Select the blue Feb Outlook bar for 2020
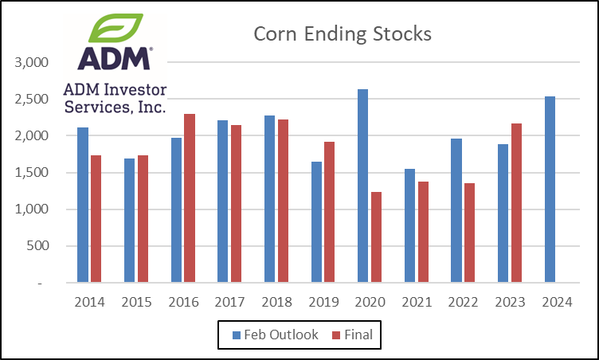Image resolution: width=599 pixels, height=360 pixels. click(362, 186)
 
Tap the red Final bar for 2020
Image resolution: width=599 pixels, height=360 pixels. click(376, 237)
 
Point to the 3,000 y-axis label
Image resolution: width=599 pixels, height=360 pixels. click(33, 62)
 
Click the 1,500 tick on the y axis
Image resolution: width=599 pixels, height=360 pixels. click(33, 173)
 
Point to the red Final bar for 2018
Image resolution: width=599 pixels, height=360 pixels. click(283, 201)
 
